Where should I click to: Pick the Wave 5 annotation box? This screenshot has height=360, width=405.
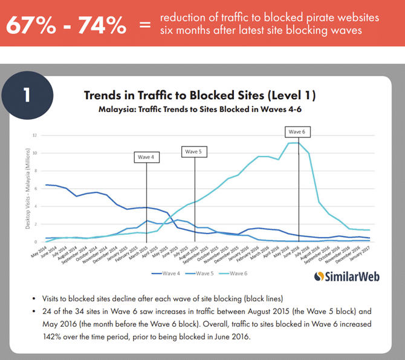[x=194, y=151]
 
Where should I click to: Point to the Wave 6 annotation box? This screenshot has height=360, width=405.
[x=296, y=131]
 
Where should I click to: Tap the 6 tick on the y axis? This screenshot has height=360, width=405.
[x=35, y=188]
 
